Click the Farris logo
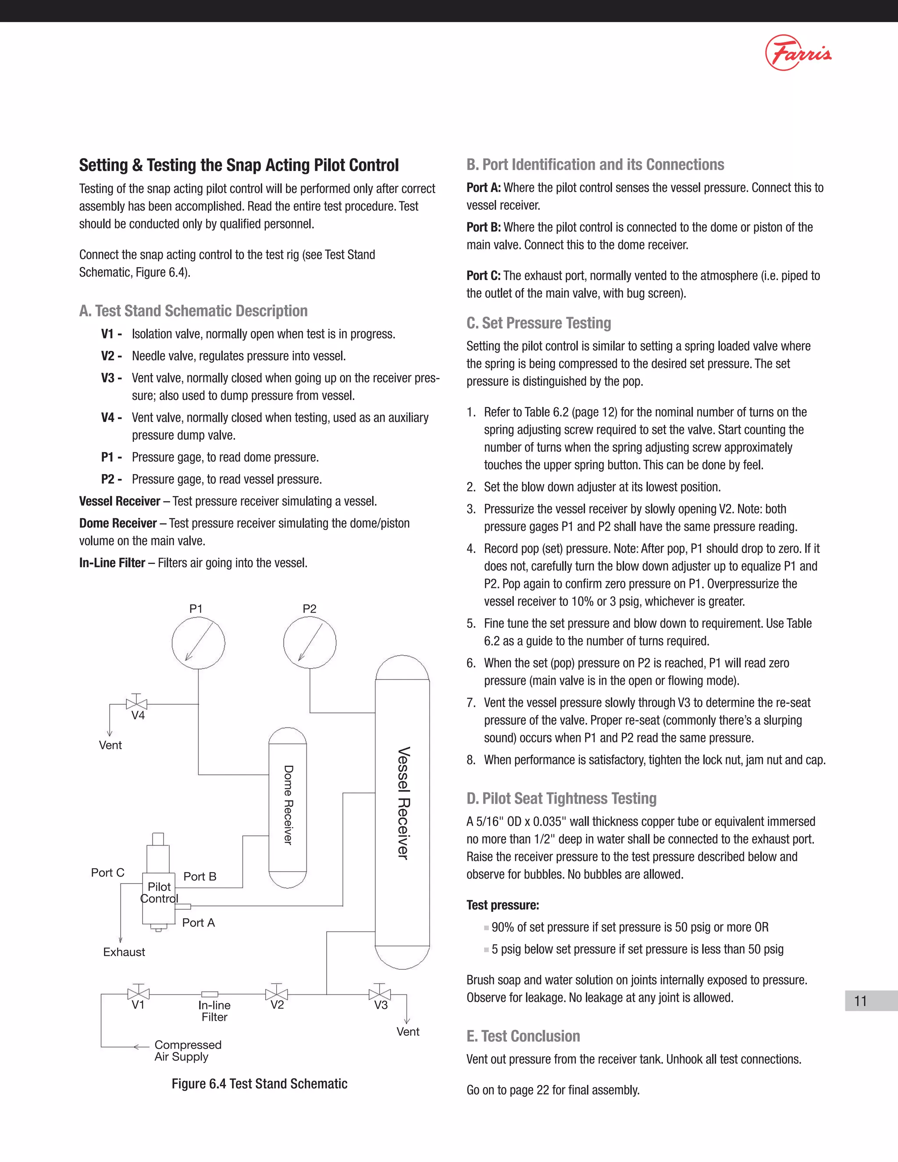[x=798, y=53]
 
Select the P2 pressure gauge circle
[x=310, y=642]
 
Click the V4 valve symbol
[x=137, y=703]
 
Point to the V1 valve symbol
[x=138, y=993]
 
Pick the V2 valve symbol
[x=277, y=993]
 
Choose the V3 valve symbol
[x=379, y=993]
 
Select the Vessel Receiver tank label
[x=404, y=803]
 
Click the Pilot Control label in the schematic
[x=159, y=892]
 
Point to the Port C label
[x=107, y=873]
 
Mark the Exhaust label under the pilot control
[x=124, y=952]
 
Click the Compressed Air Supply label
[x=187, y=1050]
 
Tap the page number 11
[x=860, y=1001]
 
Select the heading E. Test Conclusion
[x=523, y=1036]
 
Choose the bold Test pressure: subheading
[x=503, y=905]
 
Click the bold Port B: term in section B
[x=484, y=227]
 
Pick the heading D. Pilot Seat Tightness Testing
[x=561, y=798]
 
